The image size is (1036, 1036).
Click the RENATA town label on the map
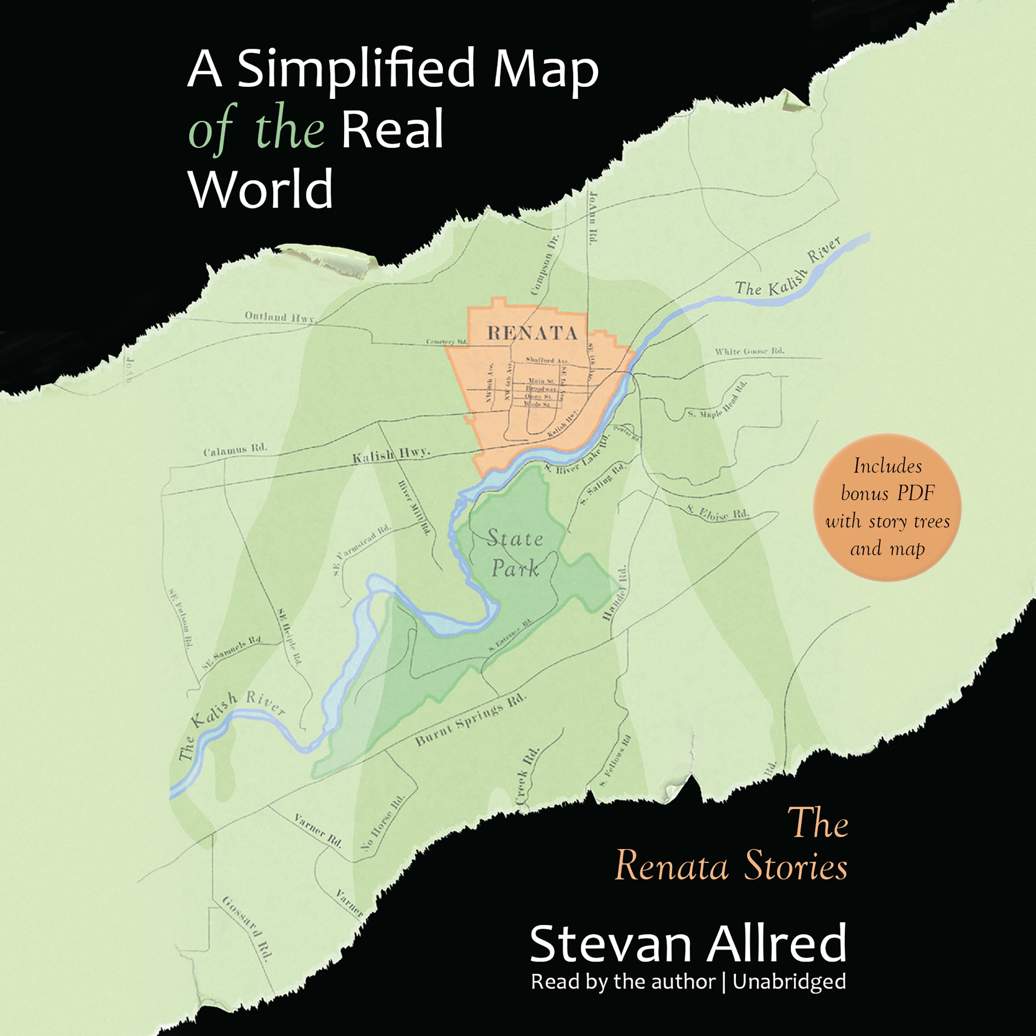[532, 333]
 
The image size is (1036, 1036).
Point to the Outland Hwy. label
[279, 317]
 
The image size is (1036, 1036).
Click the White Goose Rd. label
[749, 351]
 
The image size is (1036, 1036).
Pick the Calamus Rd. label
[235, 449]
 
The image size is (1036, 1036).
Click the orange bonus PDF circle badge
[887, 507]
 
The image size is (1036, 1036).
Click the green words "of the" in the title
[256, 130]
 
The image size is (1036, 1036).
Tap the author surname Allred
[776, 943]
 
